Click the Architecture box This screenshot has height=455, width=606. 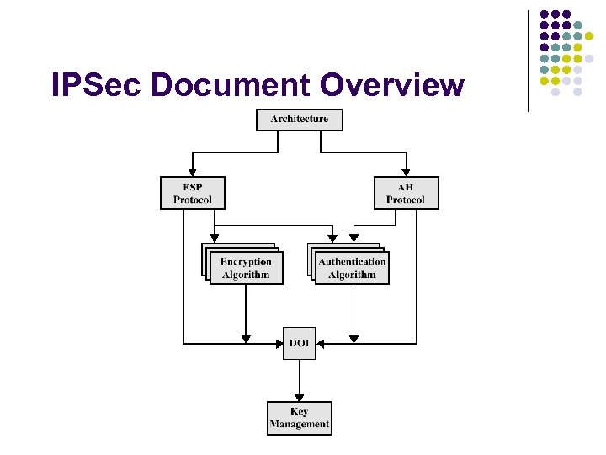coord(299,120)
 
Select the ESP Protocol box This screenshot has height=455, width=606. coord(193,193)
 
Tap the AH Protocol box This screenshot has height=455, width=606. coord(406,193)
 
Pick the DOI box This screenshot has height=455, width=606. coord(299,344)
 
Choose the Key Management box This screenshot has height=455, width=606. coord(299,418)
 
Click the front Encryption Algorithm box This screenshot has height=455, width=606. coord(246,268)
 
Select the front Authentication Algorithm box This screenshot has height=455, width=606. coord(352,268)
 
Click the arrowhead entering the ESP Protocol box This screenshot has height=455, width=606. coord(193,171)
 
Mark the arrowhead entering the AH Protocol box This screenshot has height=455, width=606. coord(406,171)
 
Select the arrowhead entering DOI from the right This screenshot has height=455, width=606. coord(321,344)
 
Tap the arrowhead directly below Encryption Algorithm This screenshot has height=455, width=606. coord(246,338)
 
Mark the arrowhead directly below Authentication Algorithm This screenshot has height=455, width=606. coord(353,338)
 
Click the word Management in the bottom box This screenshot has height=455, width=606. coord(299,425)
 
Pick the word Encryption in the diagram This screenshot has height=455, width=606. coord(246,262)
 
